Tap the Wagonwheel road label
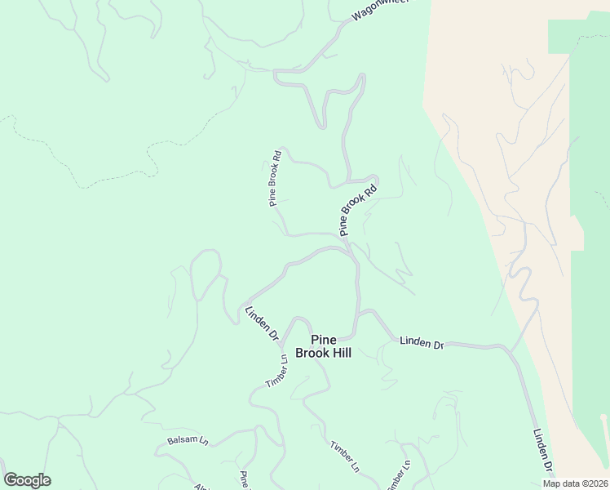point(378,9)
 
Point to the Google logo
point(27,480)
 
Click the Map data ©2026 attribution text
point(575,483)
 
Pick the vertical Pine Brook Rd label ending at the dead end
point(276,177)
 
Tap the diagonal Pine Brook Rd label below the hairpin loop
point(358,209)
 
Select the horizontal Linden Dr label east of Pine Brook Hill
point(421,343)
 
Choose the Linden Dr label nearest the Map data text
point(544,450)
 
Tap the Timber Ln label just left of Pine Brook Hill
point(277,372)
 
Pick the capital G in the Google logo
point(11,480)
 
